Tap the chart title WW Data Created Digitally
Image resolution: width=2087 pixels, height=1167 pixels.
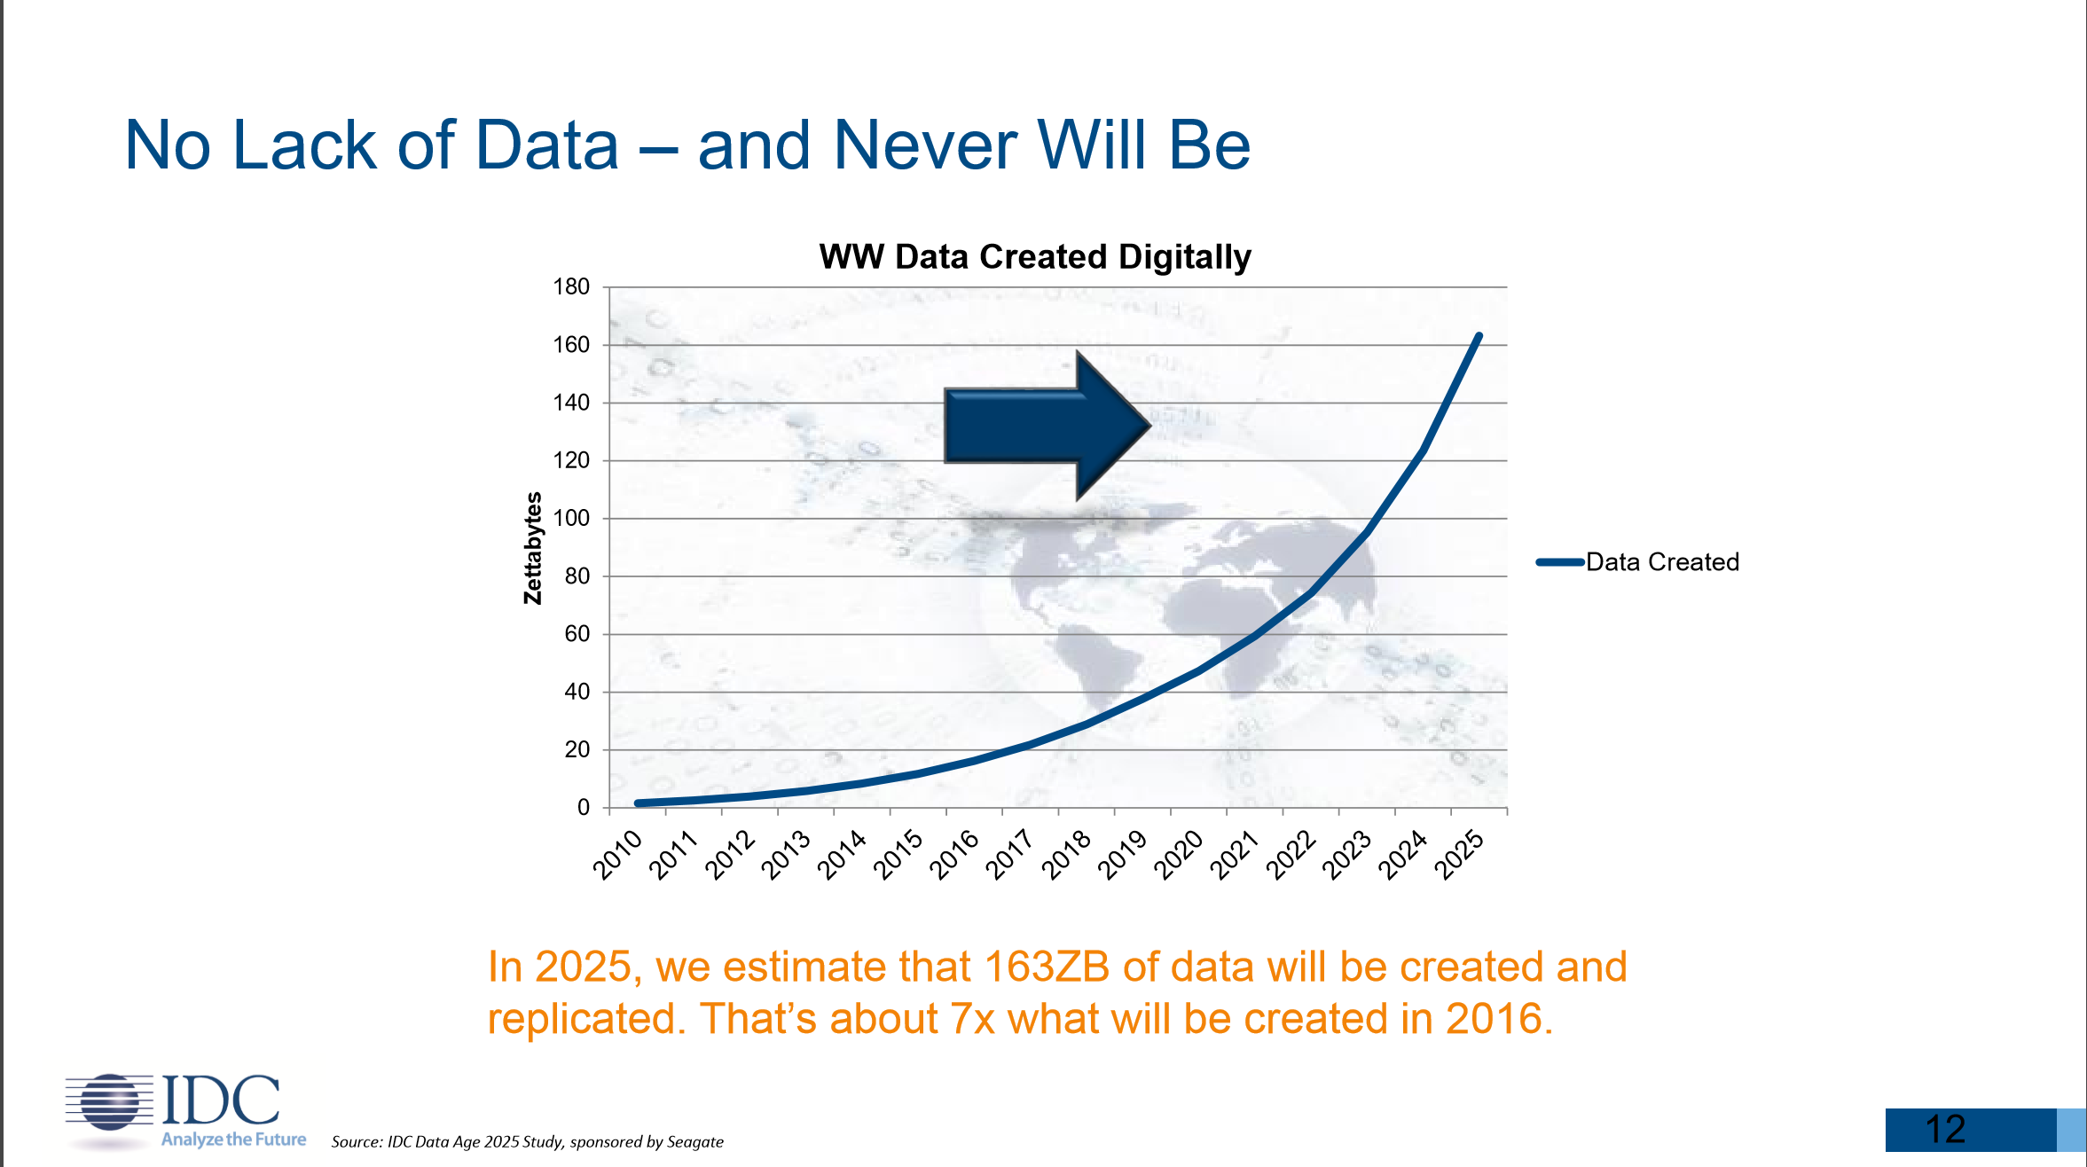point(1034,257)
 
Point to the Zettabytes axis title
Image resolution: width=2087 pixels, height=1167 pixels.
point(532,548)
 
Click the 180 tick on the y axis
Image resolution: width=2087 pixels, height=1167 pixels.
point(571,287)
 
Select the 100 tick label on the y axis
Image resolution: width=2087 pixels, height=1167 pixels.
point(571,518)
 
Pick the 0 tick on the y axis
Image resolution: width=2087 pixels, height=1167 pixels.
point(584,807)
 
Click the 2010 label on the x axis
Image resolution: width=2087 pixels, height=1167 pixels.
point(618,853)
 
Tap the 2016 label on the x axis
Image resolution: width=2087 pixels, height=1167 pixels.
point(955,853)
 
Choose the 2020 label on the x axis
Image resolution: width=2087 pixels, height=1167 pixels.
point(1180,853)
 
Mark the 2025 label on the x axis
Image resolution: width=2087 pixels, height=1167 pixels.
point(1460,853)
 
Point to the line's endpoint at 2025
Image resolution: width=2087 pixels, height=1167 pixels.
point(1479,336)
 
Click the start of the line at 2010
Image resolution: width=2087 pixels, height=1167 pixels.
point(639,803)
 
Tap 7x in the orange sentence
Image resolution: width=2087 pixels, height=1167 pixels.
point(972,1019)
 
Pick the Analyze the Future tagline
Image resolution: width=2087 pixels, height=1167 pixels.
point(233,1140)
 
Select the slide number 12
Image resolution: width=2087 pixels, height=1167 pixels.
point(1946,1130)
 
